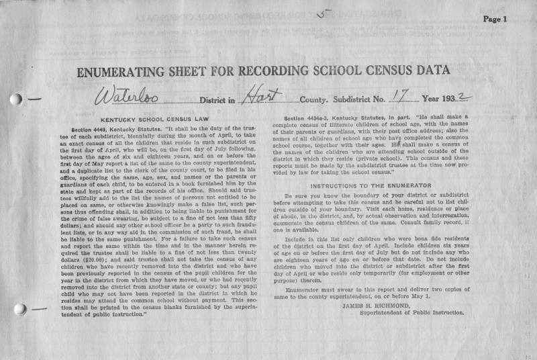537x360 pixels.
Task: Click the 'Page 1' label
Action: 494,19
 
